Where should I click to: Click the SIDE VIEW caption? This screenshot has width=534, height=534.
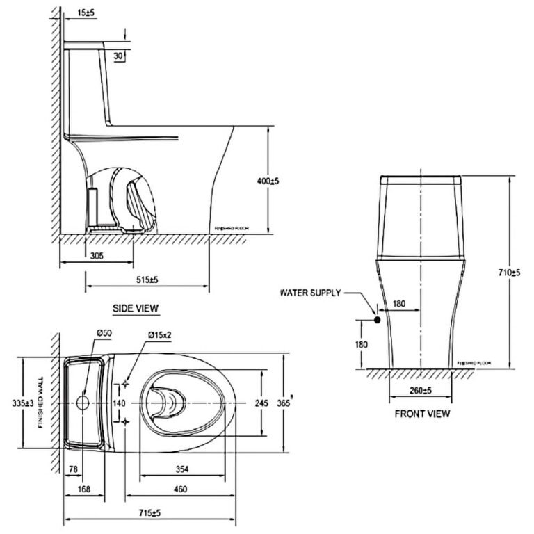click(136, 307)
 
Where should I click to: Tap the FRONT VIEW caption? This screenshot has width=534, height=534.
click(422, 414)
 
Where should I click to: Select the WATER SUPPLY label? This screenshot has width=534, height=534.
click(310, 293)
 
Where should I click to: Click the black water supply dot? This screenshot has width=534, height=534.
click(377, 321)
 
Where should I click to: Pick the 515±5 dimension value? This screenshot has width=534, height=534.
click(147, 280)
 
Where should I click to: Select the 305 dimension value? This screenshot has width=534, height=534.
click(97, 256)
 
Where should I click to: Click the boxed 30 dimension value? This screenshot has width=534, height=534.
click(118, 56)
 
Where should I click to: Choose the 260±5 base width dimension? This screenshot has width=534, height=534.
click(421, 390)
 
